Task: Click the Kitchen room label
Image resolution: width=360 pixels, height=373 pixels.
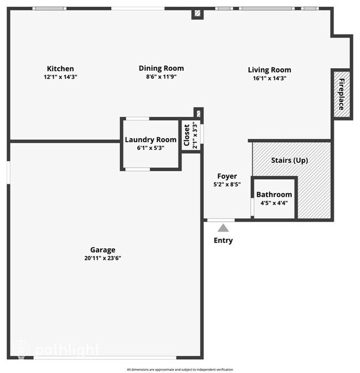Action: pos(60,69)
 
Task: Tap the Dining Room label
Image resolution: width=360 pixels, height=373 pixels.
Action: pos(161,68)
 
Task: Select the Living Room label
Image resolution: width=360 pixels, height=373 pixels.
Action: pos(269,70)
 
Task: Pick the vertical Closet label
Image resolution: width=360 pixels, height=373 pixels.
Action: pos(187,135)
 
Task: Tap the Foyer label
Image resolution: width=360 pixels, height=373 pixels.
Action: pos(227,176)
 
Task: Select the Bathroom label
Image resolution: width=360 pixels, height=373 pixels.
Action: pos(274,195)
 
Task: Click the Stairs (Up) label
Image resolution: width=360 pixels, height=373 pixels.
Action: pos(289,160)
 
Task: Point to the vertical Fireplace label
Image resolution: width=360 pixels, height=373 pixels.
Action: pos(342,94)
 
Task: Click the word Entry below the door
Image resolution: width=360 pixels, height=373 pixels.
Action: pos(223,241)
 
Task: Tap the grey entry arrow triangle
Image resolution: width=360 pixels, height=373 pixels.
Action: pos(223,228)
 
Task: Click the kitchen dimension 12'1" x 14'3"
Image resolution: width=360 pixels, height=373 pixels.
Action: pos(60,77)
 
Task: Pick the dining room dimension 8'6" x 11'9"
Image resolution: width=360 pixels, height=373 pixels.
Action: pos(161,77)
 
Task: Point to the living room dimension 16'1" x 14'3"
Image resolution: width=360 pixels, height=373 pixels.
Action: pos(269,78)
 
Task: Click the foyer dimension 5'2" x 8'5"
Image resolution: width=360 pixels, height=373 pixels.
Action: pos(227,185)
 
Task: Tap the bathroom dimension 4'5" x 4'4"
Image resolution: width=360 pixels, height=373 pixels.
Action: pos(274,203)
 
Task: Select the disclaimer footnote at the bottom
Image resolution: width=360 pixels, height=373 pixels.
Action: pos(180,369)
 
